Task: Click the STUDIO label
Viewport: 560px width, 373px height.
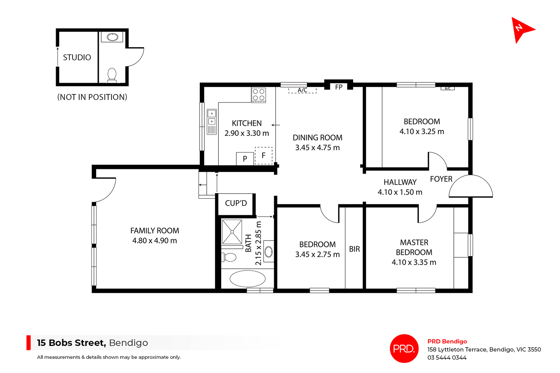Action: (77, 57)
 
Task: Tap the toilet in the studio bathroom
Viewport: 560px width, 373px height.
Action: (112, 75)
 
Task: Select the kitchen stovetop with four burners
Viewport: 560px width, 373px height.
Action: (259, 95)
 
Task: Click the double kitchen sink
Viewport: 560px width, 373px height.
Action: (212, 122)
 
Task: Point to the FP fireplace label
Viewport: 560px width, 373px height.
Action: (339, 87)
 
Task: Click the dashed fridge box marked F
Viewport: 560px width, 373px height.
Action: (264, 156)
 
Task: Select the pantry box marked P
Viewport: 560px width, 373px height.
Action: (245, 159)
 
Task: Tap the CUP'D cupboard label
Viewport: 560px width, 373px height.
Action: (236, 203)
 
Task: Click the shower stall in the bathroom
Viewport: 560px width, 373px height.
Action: (232, 232)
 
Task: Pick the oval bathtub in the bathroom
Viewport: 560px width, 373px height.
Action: (247, 279)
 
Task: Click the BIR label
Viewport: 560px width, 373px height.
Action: (354, 249)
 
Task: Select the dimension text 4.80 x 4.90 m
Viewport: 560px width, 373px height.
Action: (155, 241)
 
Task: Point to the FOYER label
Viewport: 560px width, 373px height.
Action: (441, 179)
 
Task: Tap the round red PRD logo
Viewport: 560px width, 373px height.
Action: (404, 348)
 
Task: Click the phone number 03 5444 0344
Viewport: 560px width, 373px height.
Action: (447, 358)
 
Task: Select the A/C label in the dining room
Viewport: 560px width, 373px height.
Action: (302, 90)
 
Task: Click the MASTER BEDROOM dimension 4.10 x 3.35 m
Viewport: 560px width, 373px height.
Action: (414, 262)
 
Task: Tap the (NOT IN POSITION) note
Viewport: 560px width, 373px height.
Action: (92, 97)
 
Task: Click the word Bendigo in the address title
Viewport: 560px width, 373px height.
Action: (128, 343)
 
